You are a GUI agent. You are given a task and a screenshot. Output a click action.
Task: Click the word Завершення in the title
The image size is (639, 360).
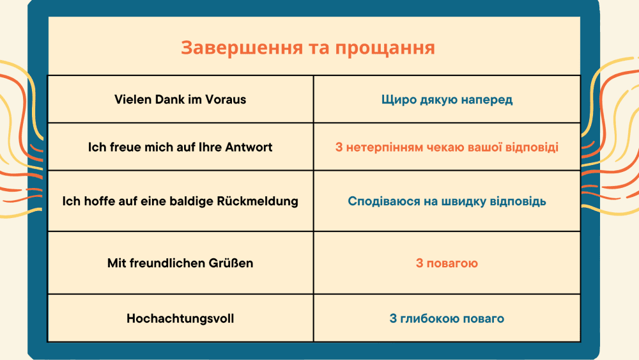click(242, 48)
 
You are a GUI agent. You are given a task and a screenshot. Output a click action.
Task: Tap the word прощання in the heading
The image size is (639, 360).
click(385, 49)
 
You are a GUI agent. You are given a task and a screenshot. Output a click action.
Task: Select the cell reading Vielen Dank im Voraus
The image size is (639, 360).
click(181, 99)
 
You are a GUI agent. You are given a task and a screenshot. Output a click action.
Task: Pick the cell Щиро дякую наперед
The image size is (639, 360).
click(447, 99)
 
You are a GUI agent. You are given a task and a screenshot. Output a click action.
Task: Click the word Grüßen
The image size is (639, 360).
click(231, 263)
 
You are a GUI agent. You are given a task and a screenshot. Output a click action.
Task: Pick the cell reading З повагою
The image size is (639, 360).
click(447, 263)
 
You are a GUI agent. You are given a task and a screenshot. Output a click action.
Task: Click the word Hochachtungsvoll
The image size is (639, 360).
click(181, 318)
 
